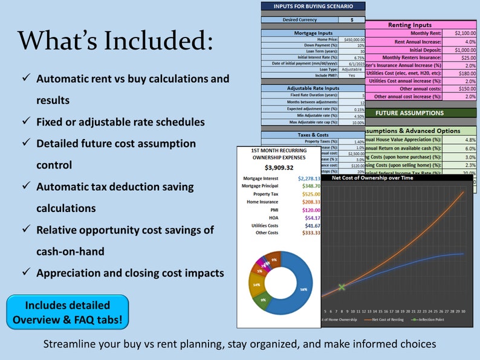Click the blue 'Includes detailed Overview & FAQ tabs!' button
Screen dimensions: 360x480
(x=68, y=313)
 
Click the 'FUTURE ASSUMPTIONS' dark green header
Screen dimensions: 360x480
(x=409, y=112)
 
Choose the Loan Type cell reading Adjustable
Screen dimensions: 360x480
(x=352, y=69)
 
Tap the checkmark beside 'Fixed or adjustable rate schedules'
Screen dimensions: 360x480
(x=26, y=122)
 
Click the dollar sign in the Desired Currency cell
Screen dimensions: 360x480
(x=352, y=19)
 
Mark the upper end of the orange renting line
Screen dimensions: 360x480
(x=464, y=191)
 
